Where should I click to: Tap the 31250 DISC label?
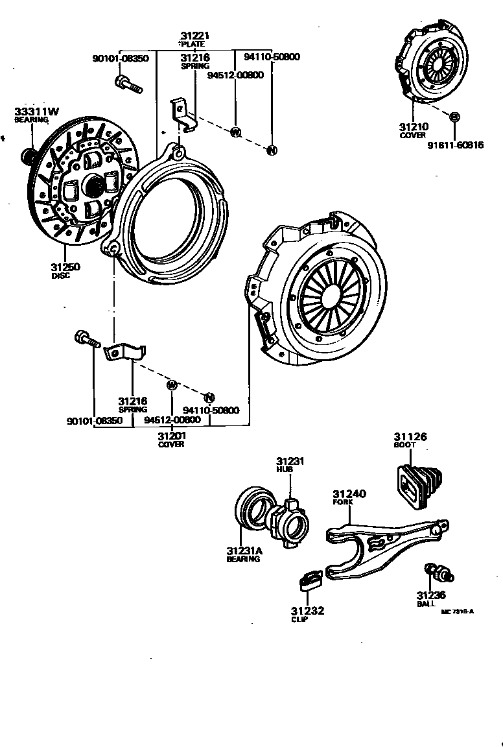[x=65, y=271]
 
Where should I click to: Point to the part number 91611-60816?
[x=455, y=145]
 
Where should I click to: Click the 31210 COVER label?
[x=413, y=131]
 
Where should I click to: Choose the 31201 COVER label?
[x=171, y=440]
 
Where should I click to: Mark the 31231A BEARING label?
[x=244, y=554]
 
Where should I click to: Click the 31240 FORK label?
[x=349, y=497]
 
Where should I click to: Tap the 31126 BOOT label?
[x=410, y=441]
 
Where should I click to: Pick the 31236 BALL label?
[x=430, y=599]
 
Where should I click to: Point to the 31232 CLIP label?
[x=307, y=614]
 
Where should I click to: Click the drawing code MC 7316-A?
[x=458, y=611]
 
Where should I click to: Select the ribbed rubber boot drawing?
[x=418, y=482]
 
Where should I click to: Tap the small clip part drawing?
[x=312, y=578]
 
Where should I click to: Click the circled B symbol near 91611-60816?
[x=454, y=117]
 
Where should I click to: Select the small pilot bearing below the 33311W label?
[x=29, y=155]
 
